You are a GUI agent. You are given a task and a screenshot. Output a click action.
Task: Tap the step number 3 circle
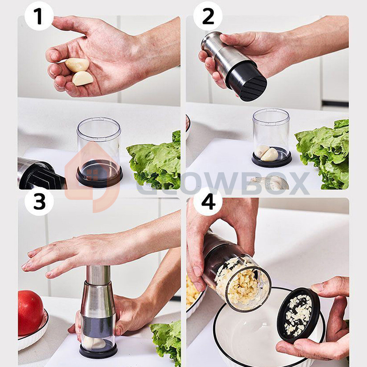pos(39,201)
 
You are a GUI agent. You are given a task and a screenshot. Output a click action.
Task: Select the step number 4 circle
pos(208,201)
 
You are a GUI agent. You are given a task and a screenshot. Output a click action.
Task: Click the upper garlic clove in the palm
pos(77,65)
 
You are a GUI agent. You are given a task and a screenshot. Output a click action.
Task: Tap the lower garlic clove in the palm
pos(83,78)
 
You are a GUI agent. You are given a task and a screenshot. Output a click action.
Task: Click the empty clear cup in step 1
pos(99,152)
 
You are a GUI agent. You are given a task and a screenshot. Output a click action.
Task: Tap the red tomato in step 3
pos(30,313)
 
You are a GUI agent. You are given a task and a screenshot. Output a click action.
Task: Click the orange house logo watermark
pos(92,177)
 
